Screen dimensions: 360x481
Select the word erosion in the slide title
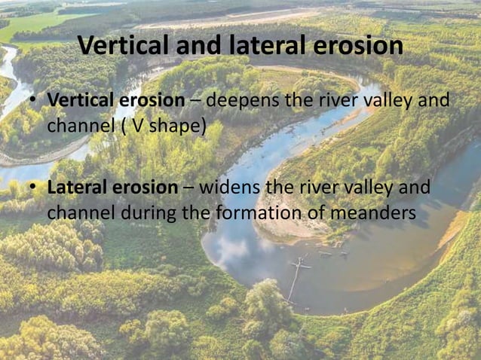pos(355,47)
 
